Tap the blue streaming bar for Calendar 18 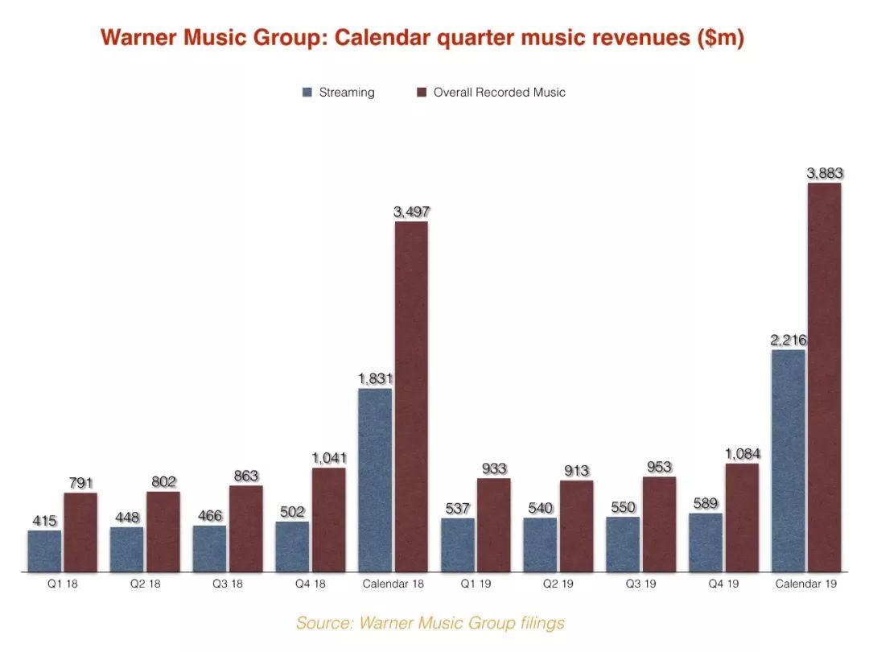click(375, 480)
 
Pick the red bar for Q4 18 click(328, 519)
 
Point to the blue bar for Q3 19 click(623, 544)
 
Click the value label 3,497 click(411, 212)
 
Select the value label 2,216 click(788, 340)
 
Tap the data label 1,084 click(742, 454)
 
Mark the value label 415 click(44, 521)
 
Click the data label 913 click(576, 471)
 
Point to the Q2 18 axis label click(145, 584)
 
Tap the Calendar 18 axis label click(393, 584)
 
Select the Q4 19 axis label click(722, 584)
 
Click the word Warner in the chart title click(133, 38)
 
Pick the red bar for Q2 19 click(576, 526)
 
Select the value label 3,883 click(824, 173)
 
